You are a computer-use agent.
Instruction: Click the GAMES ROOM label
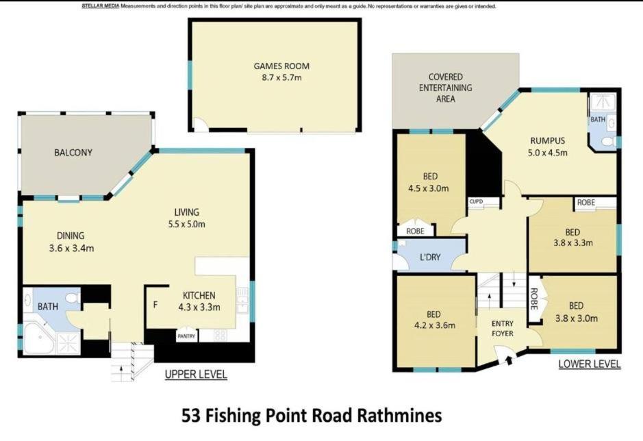coord(281,66)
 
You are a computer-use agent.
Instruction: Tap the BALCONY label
coord(73,153)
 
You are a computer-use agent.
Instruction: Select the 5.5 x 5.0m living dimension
coord(186,224)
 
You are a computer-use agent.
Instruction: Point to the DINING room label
coord(71,236)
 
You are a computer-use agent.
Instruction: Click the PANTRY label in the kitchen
coord(186,336)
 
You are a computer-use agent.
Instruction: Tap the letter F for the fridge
coord(155,305)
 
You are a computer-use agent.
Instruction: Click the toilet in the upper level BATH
coord(74,297)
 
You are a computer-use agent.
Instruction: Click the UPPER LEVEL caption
coord(196,374)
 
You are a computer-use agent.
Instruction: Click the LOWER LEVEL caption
coord(590,364)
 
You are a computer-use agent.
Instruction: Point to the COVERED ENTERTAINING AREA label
coord(445,88)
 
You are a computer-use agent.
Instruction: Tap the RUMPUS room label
coord(547,140)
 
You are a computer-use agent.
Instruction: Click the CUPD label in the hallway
coord(476,201)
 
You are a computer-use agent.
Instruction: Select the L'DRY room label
coord(430,257)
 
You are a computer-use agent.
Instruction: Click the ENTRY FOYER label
coord(503,329)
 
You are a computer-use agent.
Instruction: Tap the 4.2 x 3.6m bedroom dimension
coord(435,325)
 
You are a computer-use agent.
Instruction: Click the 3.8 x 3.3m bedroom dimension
coord(573,243)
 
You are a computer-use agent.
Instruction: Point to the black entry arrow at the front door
coord(509,361)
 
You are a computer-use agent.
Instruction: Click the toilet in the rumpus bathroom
coord(607,142)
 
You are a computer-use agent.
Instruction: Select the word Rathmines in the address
coord(399,416)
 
